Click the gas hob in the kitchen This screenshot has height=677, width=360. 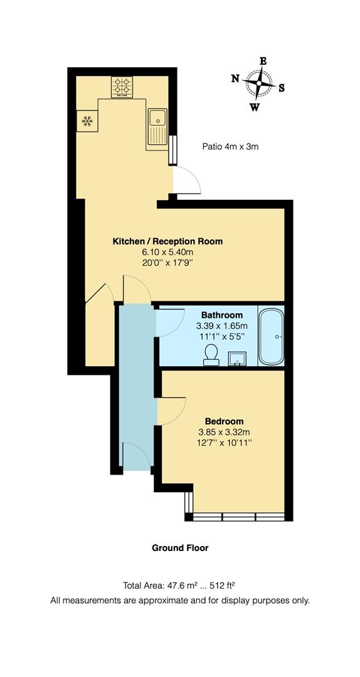point(122,88)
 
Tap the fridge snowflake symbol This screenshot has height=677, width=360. point(87,120)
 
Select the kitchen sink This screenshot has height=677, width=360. point(157,117)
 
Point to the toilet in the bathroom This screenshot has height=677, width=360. point(211,354)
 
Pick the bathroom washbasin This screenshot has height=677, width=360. point(237,357)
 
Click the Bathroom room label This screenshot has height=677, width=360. point(221,315)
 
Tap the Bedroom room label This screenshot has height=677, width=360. point(224,421)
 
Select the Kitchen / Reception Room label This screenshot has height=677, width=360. point(167,241)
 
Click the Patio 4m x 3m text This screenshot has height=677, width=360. point(230,147)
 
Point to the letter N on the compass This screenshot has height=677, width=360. point(235,78)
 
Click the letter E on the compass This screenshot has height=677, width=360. point(263,61)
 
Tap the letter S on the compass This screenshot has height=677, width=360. point(282,88)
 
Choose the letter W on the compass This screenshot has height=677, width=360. point(255,107)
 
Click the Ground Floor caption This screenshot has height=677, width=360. point(180,548)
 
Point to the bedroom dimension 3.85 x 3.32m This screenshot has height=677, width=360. point(224,433)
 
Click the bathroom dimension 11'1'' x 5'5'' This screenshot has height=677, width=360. point(221,337)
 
